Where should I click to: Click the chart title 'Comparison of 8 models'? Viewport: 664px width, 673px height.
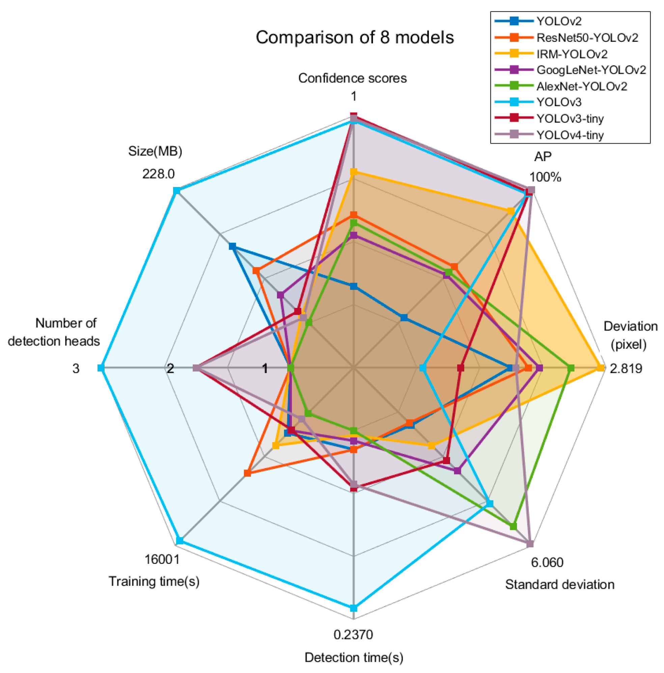355,38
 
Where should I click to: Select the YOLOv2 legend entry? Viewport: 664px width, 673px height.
559,22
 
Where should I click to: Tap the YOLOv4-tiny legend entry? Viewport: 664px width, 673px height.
570,135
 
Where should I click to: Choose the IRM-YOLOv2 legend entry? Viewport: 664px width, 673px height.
572,54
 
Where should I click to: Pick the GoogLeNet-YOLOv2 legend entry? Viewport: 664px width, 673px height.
591,70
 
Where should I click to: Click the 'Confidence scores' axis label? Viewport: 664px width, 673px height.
352,79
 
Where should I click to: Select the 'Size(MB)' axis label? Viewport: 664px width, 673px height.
155,151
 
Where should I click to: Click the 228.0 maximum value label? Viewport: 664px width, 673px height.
158,174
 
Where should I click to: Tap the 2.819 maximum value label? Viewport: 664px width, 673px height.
626,369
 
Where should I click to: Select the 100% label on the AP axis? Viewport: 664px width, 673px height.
545,177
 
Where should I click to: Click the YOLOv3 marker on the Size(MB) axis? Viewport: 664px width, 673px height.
177,191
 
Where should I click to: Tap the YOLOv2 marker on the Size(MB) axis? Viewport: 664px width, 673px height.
232,247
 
